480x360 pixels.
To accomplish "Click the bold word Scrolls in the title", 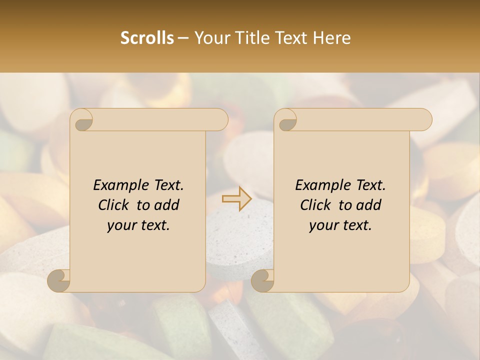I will pyautogui.click(x=147, y=38).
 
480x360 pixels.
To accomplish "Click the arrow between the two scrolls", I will pyautogui.click(x=237, y=199).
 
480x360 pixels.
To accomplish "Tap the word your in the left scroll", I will pyautogui.click(x=120, y=226).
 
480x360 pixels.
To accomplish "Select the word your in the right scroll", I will pyautogui.click(x=322, y=226).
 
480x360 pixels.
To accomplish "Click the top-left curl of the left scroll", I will pyautogui.click(x=82, y=120).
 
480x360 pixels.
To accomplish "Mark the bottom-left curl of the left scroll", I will pyautogui.click(x=59, y=280).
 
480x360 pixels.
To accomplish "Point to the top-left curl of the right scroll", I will pyautogui.click(x=286, y=120).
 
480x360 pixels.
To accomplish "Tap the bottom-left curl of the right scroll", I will pyautogui.click(x=263, y=280).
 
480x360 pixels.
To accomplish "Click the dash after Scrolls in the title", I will pyautogui.click(x=183, y=38).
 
